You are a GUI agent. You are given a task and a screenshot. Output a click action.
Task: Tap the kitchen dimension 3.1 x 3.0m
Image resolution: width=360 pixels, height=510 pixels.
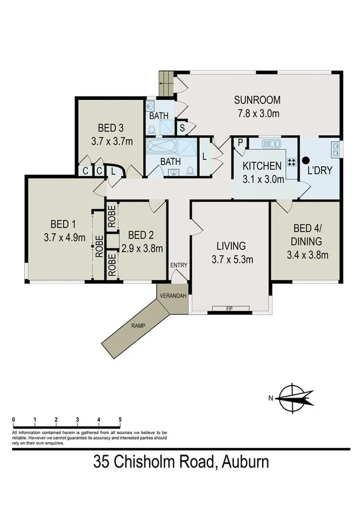point(262,179)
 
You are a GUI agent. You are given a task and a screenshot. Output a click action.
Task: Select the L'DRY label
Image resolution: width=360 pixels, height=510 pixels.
point(319,170)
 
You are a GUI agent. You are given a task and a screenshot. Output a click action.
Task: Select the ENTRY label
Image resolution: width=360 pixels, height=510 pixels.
point(178,265)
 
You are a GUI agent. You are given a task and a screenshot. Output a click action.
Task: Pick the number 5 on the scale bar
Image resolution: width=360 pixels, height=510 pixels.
point(120,419)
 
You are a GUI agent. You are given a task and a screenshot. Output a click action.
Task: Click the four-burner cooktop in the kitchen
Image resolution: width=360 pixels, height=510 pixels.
point(291,162)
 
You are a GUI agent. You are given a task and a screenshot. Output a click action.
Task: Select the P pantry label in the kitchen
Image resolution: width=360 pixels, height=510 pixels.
point(240,143)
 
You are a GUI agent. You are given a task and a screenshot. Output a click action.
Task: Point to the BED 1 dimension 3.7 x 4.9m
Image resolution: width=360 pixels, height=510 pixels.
point(62,237)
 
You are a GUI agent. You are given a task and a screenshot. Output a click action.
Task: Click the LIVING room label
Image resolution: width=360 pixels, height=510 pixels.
point(231,246)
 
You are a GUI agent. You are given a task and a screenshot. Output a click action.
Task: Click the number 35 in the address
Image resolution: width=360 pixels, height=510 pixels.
point(103,462)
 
